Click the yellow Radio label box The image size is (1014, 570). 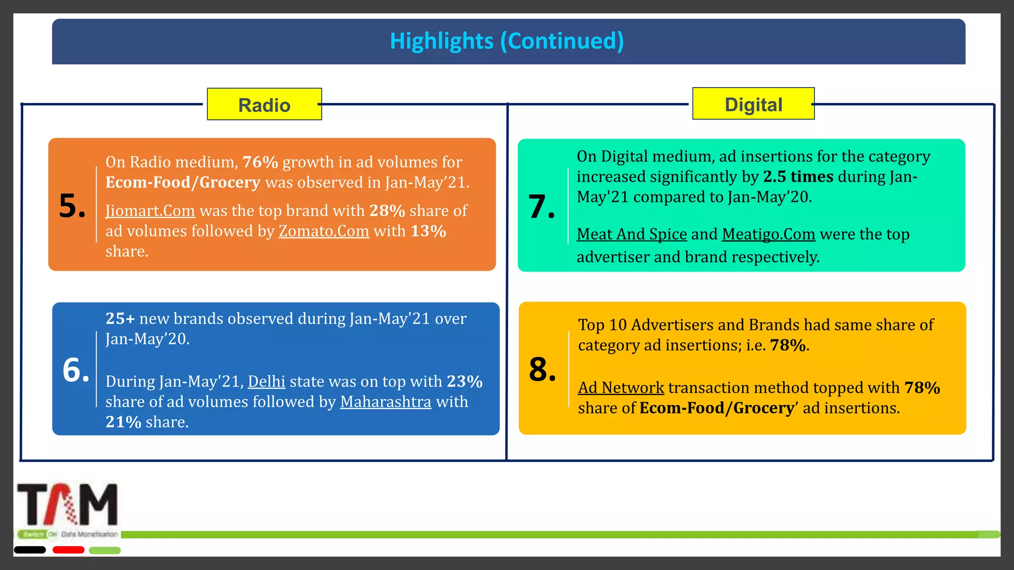[264, 104]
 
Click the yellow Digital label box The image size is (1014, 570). [753, 104]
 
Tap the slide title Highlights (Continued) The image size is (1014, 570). [507, 41]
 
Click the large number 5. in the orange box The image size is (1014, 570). [72, 206]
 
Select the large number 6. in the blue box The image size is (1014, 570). [76, 370]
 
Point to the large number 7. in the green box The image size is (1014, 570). [542, 206]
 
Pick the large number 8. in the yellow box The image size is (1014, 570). [543, 370]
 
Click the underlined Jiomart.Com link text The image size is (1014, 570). [150, 211]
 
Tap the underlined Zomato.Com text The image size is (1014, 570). [324, 231]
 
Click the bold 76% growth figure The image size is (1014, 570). [260, 162]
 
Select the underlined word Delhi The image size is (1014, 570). [266, 381]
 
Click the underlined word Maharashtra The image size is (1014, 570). [386, 402]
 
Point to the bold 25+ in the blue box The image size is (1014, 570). [120, 319]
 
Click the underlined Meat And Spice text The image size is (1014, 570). [632, 234]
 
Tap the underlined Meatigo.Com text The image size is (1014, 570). [768, 234]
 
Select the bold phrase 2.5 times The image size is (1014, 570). [798, 177]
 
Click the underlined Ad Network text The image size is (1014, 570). [621, 387]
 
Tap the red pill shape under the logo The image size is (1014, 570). [68, 550]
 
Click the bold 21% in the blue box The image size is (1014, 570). [123, 422]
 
